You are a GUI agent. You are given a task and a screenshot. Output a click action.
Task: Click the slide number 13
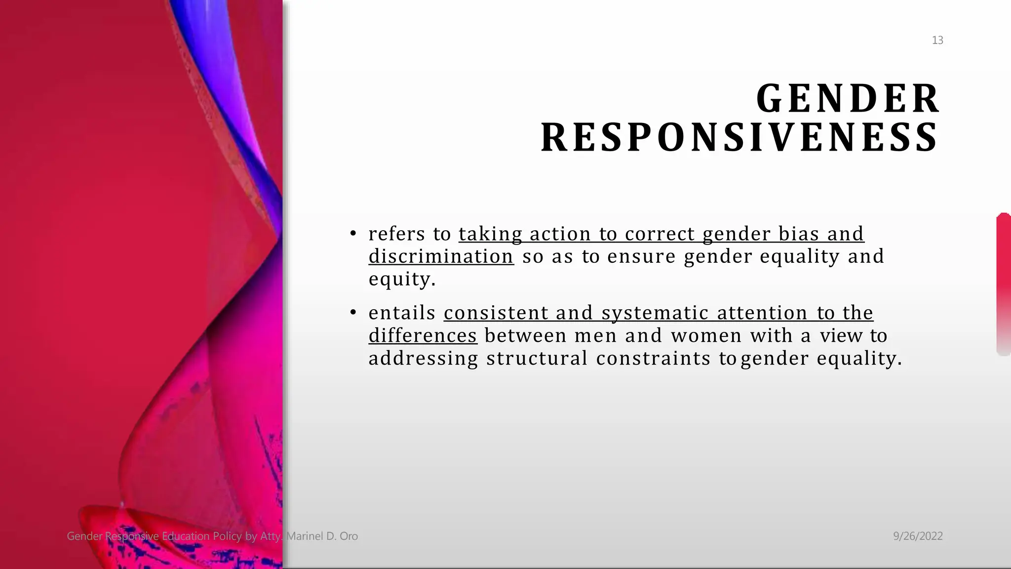(937, 41)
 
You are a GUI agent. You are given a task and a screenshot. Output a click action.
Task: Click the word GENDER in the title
(848, 99)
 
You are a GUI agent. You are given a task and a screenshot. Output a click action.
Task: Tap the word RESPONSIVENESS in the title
(739, 138)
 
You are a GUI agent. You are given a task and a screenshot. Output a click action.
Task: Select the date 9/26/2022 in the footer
(918, 536)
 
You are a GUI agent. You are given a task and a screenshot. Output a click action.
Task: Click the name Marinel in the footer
(305, 536)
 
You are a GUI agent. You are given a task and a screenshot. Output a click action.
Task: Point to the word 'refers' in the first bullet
(396, 234)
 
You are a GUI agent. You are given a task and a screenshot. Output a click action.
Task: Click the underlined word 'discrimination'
(441, 257)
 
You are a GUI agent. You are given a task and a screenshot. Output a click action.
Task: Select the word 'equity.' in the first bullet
(402, 280)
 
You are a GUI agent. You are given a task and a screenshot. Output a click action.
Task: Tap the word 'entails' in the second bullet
(402, 313)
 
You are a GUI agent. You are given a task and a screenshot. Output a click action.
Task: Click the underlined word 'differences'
(423, 336)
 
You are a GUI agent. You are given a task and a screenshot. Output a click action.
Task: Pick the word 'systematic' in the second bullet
(655, 313)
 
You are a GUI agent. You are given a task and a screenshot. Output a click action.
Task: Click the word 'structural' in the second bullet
(537, 359)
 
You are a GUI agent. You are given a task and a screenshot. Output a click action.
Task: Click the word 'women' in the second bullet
(706, 336)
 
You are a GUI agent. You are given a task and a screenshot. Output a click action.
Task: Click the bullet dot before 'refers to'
(353, 234)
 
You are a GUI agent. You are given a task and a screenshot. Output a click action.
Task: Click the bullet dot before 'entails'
(353, 313)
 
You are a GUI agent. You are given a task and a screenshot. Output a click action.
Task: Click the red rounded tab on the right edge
(1004, 284)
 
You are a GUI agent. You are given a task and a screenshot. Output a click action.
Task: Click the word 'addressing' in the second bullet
(423, 359)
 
